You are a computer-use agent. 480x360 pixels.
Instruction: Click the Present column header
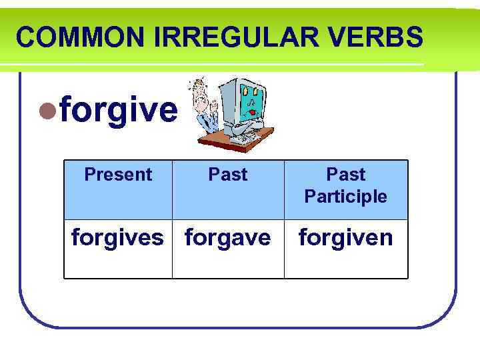pos(118,175)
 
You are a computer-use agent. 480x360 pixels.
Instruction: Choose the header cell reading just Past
pos(228,175)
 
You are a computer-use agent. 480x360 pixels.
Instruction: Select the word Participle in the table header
pos(345,197)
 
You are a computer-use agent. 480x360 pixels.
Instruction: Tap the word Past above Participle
pos(345,175)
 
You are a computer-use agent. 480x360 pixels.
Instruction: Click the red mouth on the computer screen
pos(253,113)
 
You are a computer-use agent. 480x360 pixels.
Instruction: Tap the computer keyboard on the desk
pos(243,138)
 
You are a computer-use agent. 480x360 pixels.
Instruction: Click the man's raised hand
pos(215,105)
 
